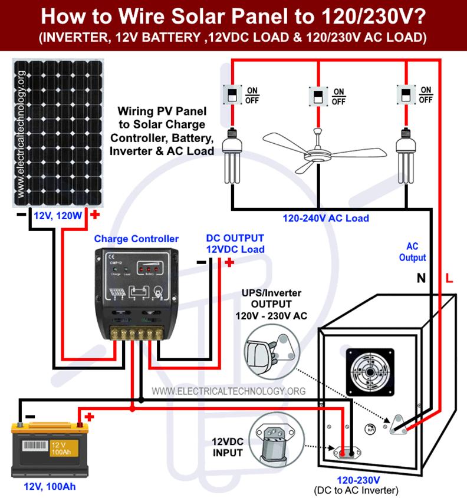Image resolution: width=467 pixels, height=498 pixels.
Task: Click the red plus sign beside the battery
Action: pos(89,417)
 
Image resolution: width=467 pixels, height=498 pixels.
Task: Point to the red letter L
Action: pos(449,280)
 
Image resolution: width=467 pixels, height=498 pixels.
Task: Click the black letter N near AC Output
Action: pos(421,280)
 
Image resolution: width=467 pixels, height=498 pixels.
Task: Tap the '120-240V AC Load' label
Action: pos(325,218)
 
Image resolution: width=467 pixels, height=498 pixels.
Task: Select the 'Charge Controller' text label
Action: pos(136,239)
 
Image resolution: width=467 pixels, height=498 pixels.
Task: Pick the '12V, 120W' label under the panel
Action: pos(58,216)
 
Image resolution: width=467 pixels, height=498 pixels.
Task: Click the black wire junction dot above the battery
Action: pos(141,400)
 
